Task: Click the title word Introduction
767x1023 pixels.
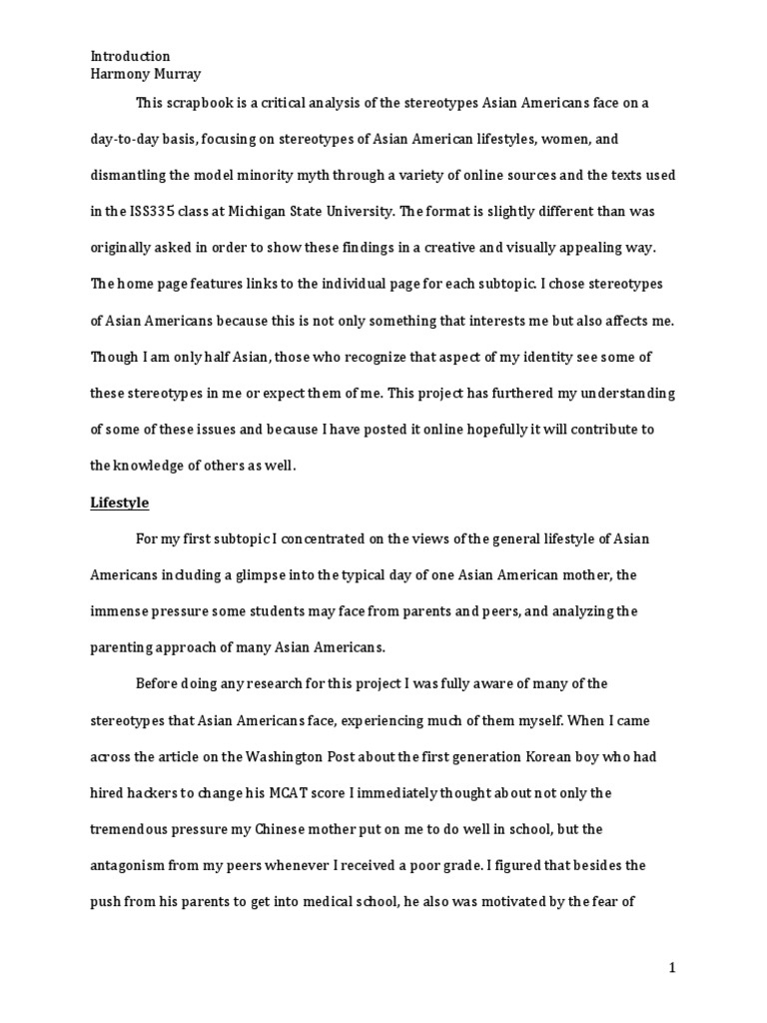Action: [131, 56]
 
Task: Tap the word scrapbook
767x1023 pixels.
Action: [200, 103]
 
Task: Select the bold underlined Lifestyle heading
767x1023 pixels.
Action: [119, 503]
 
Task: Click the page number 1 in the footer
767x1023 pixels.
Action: [673, 967]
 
